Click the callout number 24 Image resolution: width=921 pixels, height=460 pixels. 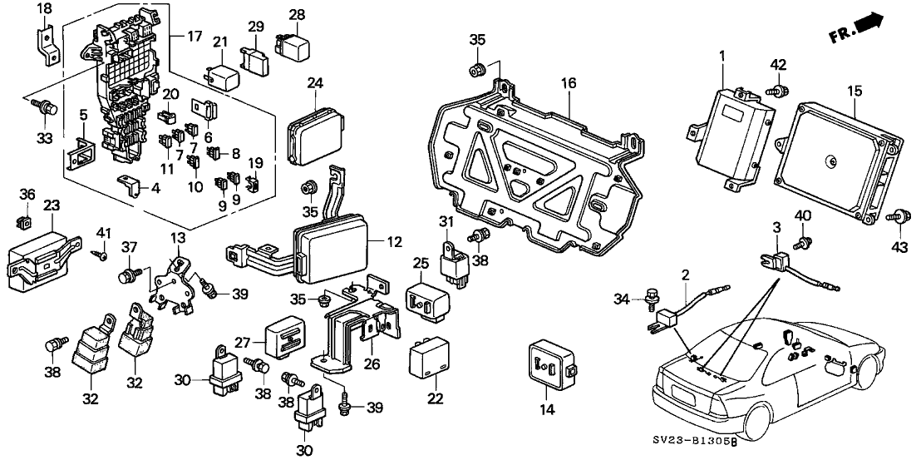coord(314,82)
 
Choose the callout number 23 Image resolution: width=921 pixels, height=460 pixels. coord(52,205)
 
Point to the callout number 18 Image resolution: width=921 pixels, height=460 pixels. coord(44,8)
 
